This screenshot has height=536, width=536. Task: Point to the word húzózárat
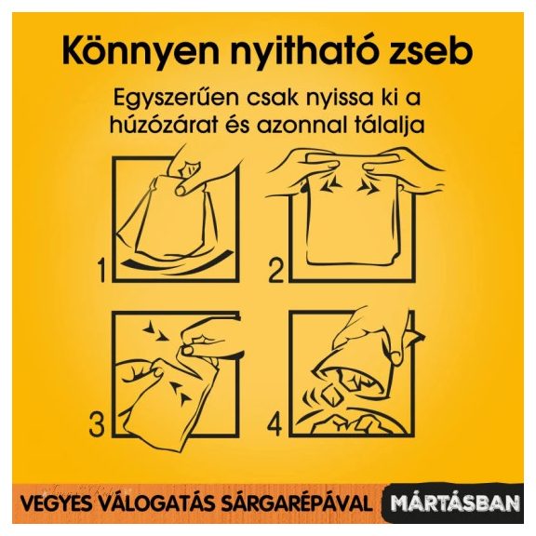[x=164, y=125]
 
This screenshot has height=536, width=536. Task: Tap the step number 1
[x=101, y=271]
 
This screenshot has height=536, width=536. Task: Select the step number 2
[x=276, y=271]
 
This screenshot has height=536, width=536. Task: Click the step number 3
[x=97, y=423]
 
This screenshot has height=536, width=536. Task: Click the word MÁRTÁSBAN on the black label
[x=455, y=503]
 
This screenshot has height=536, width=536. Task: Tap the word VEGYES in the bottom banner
[x=51, y=503]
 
